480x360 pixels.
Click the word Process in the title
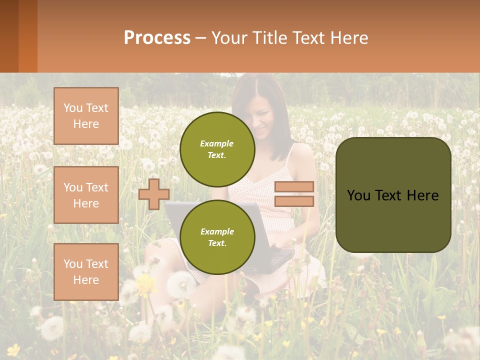click(157, 38)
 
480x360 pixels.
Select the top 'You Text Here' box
click(86, 116)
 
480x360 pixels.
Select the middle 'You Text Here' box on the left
click(86, 195)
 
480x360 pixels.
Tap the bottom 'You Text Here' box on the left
click(86, 272)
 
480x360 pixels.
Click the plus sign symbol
click(154, 194)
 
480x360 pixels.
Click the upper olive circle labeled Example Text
click(217, 149)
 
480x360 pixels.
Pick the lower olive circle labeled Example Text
click(217, 237)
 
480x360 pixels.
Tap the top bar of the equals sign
click(294, 187)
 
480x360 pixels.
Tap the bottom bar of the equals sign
click(294, 201)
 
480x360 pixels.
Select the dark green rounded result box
click(393, 220)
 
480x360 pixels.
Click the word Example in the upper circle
click(217, 143)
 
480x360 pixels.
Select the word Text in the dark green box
click(389, 195)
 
